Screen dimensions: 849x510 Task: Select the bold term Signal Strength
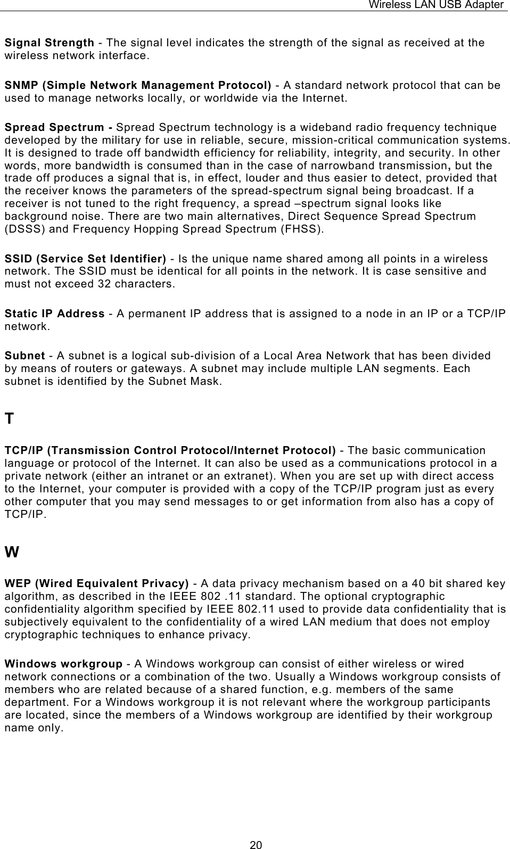(50, 43)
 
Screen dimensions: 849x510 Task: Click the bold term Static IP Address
(54, 314)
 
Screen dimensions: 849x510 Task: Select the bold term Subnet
(24, 356)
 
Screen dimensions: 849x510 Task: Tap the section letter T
(9, 419)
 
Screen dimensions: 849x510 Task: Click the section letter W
(12, 552)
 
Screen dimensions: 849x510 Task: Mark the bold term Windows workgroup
(63, 664)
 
